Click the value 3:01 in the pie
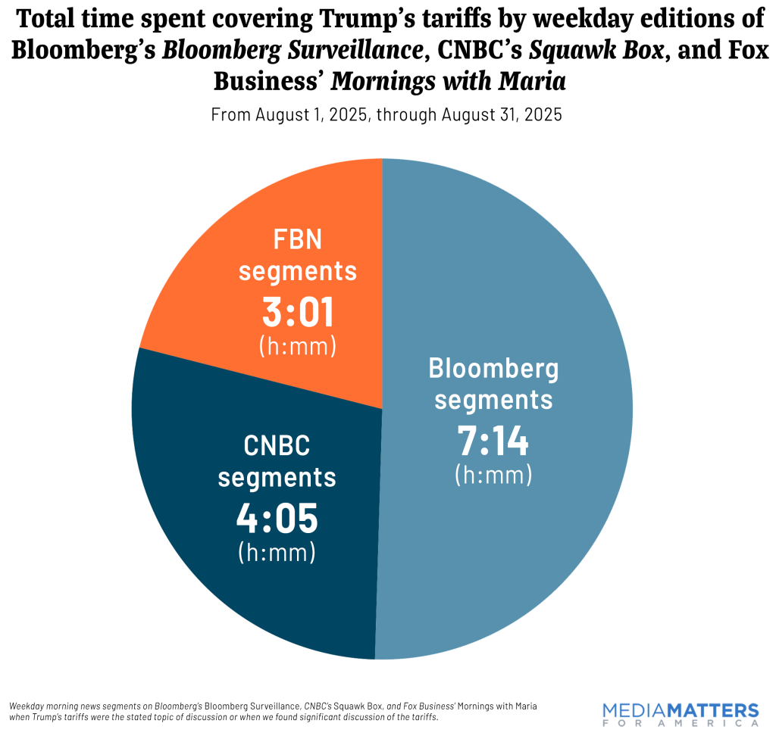(297, 313)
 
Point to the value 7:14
(493, 441)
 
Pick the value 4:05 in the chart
(277, 519)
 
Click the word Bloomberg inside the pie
(493, 369)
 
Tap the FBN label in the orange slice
(297, 240)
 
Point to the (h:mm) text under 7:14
(493, 475)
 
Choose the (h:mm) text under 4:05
(277, 552)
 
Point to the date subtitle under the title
(386, 115)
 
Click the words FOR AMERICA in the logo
(680, 723)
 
